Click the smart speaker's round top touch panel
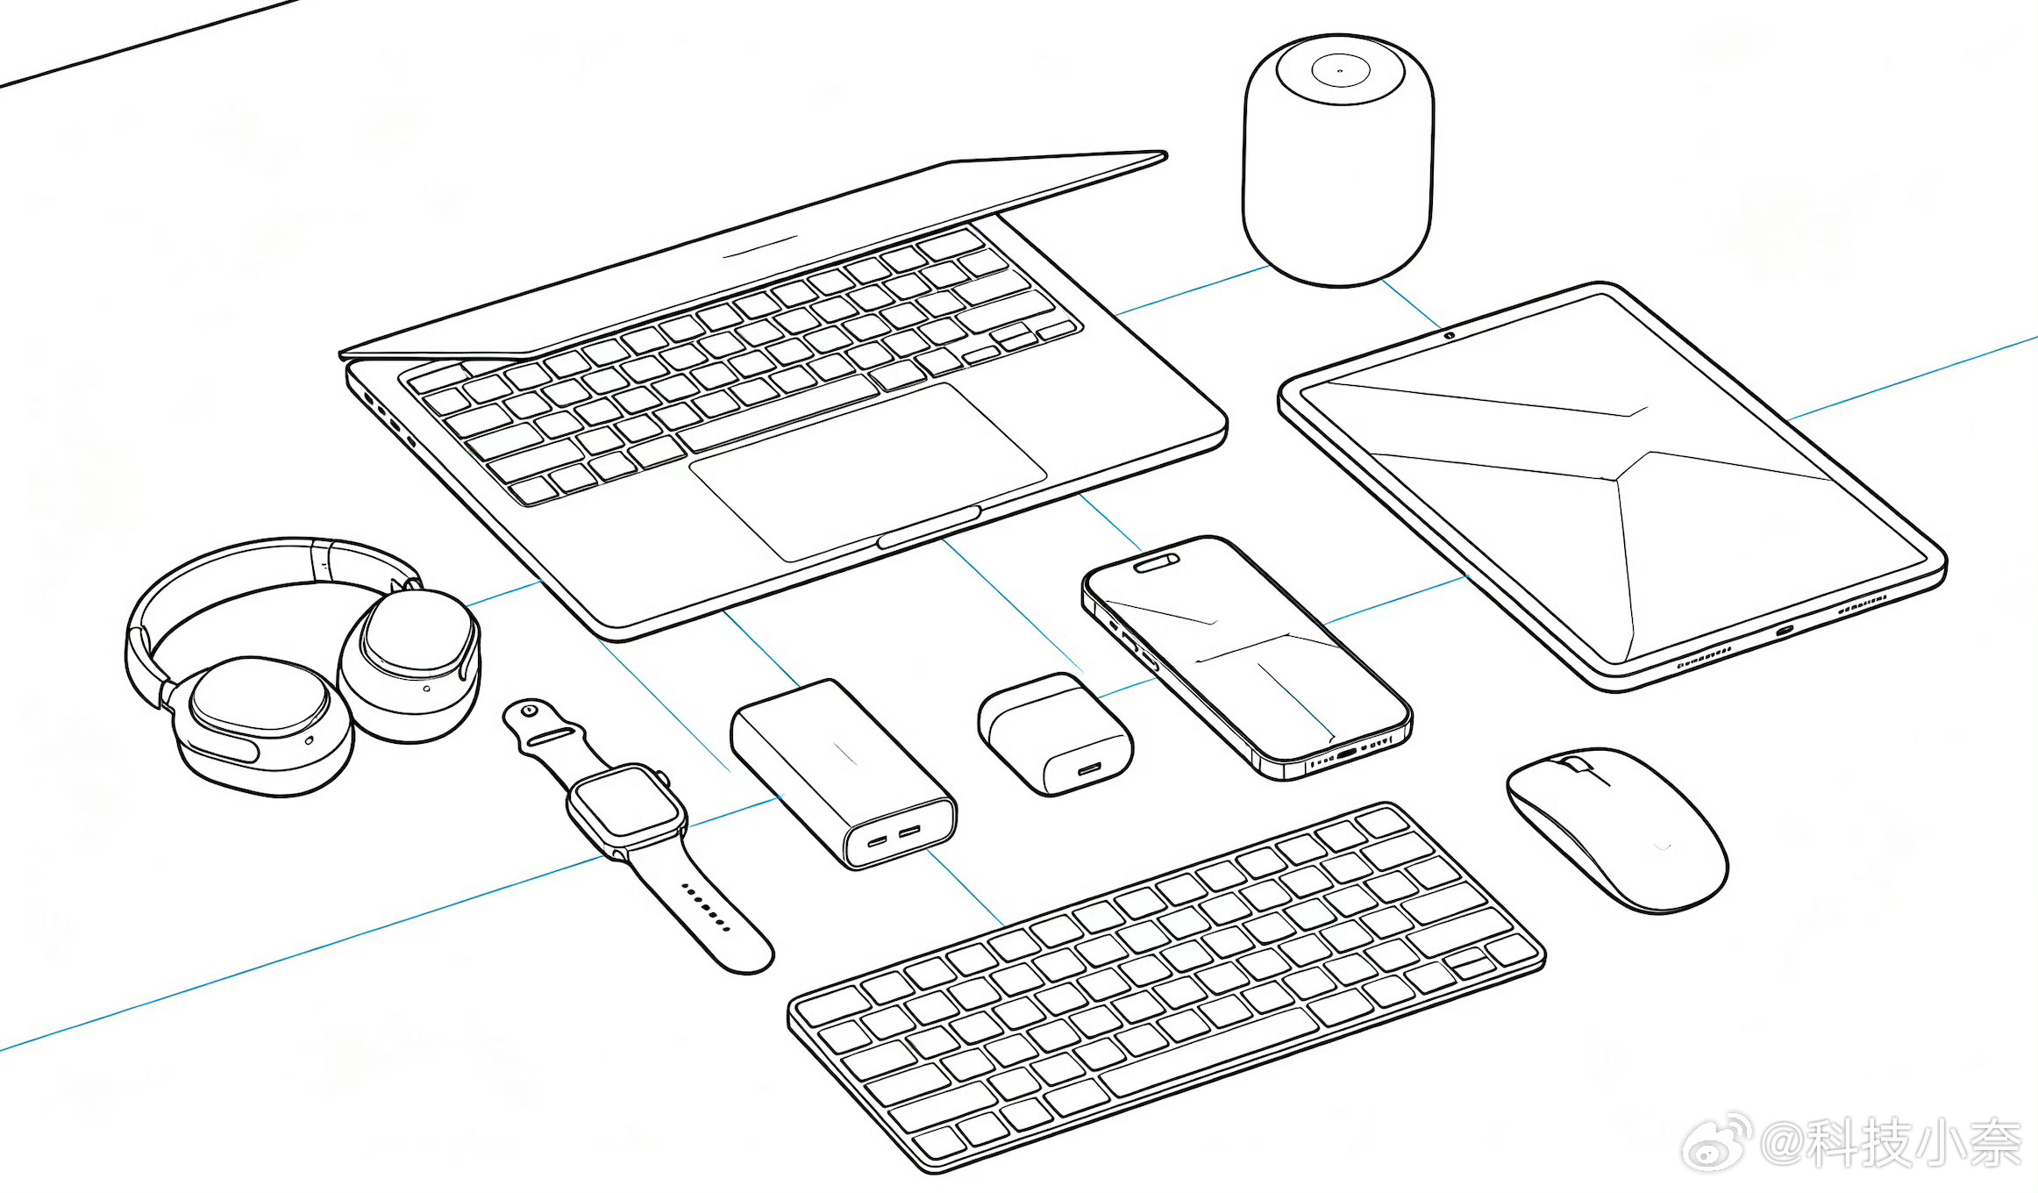[1339, 70]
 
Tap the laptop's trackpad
[868, 471]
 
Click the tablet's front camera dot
[1450, 335]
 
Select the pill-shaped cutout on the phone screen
[1157, 562]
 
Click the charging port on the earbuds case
[1090, 769]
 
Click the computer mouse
[1617, 829]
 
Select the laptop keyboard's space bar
[776, 415]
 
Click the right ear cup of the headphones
[410, 663]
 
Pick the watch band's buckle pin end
[530, 711]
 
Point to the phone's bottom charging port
[1346, 752]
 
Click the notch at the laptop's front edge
[930, 526]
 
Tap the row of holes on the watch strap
[707, 907]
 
